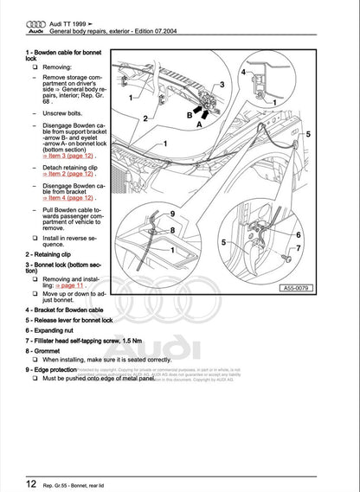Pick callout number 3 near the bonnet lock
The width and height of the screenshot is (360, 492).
coord(222,85)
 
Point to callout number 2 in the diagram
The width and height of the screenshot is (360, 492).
coord(146,116)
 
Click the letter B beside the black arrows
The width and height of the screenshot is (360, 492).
coord(190,113)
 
